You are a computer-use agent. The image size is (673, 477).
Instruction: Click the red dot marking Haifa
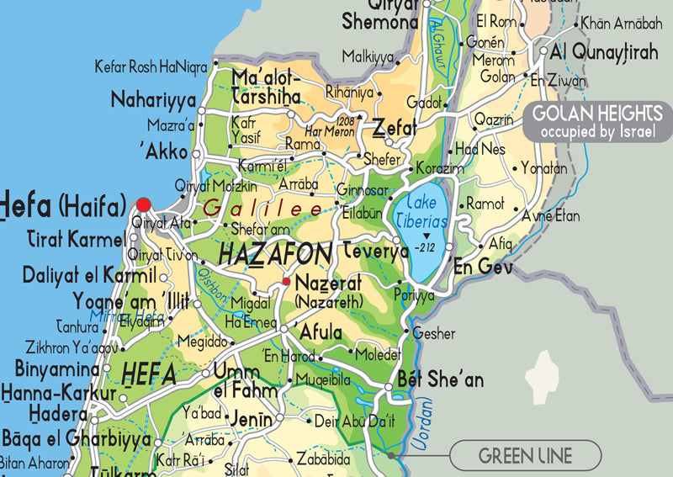click(x=143, y=204)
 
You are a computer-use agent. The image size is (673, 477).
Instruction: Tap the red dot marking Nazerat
click(x=286, y=282)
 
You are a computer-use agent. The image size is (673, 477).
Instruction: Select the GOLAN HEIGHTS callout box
click(x=598, y=122)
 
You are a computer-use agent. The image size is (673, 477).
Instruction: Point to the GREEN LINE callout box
click(x=525, y=456)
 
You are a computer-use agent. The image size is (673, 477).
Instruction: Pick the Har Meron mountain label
click(x=329, y=131)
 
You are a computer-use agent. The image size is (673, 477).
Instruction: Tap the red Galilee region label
click(x=262, y=208)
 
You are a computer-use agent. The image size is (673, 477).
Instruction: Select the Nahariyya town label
click(x=153, y=101)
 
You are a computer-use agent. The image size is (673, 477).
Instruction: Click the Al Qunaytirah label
click(x=603, y=52)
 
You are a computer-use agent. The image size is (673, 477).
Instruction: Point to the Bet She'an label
click(x=439, y=379)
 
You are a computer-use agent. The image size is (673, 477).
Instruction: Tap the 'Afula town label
click(x=320, y=329)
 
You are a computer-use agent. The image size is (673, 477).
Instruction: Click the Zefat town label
click(x=395, y=129)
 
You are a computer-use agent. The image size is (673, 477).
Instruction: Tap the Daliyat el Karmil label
click(x=89, y=275)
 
